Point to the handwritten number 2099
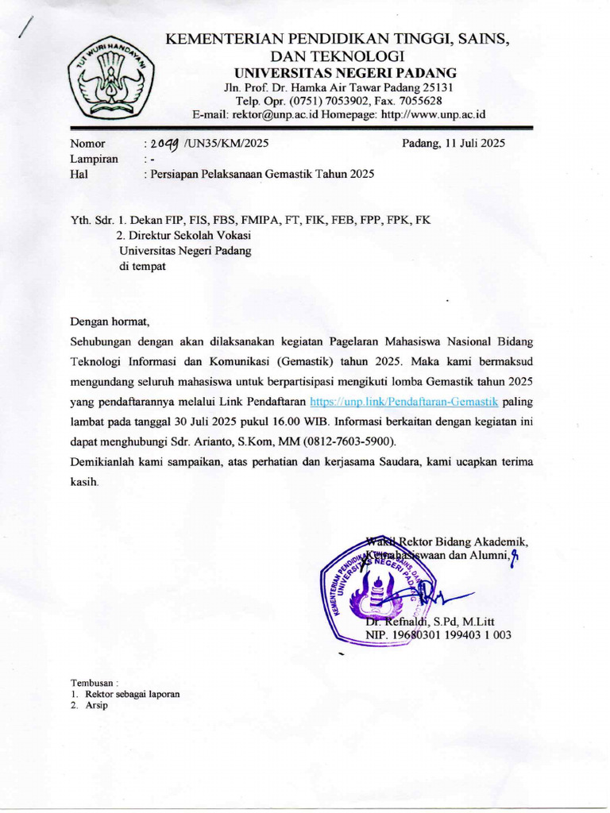point(163,144)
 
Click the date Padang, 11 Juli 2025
point(453,144)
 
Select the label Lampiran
point(94,159)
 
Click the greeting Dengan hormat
point(109,322)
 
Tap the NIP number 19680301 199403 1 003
point(438,634)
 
